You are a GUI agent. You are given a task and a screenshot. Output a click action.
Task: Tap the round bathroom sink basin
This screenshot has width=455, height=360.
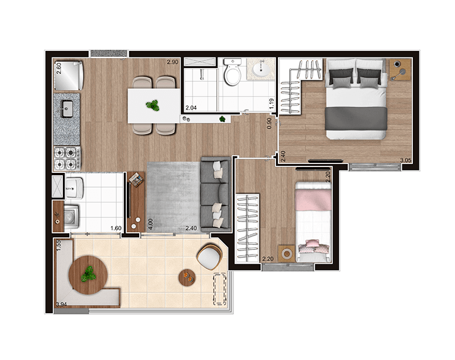click(x=261, y=70)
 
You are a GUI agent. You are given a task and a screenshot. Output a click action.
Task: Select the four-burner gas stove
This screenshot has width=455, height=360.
click(x=66, y=157)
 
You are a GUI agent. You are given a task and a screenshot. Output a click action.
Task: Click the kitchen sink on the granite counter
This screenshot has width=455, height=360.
click(x=66, y=109)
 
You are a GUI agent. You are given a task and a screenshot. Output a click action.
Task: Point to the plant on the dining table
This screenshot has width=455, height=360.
click(x=153, y=105)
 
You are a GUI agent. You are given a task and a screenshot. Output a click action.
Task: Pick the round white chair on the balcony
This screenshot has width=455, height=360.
click(x=208, y=257)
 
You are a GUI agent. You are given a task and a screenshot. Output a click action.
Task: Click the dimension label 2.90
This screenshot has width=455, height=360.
click(x=172, y=62)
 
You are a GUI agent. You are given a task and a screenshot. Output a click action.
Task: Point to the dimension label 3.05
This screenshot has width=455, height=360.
click(x=406, y=160)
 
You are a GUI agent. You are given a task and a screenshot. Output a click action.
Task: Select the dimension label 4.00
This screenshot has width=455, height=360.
click(x=150, y=224)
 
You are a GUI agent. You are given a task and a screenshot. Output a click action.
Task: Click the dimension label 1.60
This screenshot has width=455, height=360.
click(x=116, y=228)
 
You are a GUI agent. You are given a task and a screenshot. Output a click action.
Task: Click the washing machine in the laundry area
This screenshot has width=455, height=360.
click(x=69, y=216)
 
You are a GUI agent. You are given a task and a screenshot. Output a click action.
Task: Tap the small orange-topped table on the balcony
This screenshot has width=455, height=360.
click(x=187, y=275)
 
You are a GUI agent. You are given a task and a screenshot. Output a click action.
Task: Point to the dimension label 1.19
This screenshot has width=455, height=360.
click(x=271, y=104)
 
